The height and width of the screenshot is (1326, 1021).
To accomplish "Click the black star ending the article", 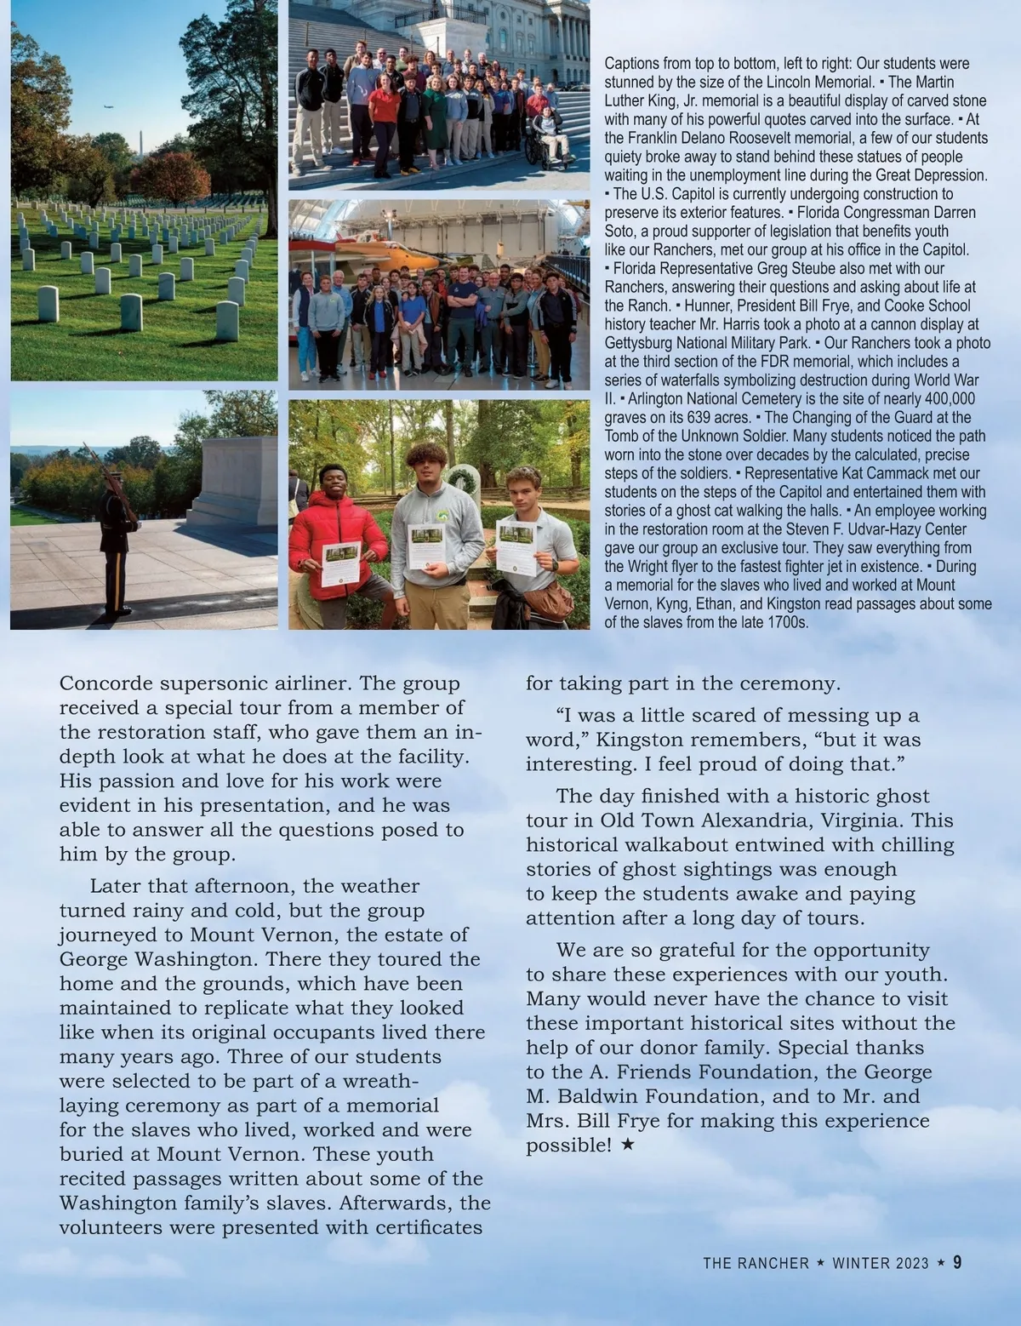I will pyautogui.click(x=627, y=1146).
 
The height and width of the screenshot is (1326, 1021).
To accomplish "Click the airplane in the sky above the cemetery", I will pyautogui.click(x=106, y=107).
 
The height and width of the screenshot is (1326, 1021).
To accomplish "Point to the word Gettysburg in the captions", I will pyautogui.click(x=641, y=343).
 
